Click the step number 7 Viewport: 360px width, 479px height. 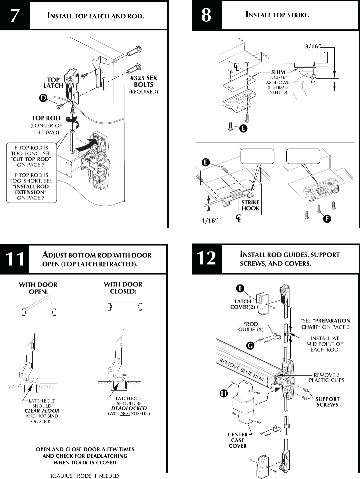coord(14,16)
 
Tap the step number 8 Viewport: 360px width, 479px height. coord(206,16)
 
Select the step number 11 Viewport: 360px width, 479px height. coord(15,260)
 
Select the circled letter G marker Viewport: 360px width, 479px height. coord(249,346)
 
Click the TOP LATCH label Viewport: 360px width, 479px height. coord(53,83)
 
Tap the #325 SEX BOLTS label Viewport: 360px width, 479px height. coord(143,81)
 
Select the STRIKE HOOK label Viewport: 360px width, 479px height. coord(250,205)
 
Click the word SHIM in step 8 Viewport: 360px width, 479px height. coord(278,72)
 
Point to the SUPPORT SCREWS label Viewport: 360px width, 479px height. coord(327,402)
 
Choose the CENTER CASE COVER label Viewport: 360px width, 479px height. coord(238,440)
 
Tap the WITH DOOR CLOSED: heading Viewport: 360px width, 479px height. coord(123,288)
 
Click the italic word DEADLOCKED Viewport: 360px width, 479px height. coord(129,408)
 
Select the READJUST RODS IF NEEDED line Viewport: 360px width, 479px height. coord(85,476)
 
